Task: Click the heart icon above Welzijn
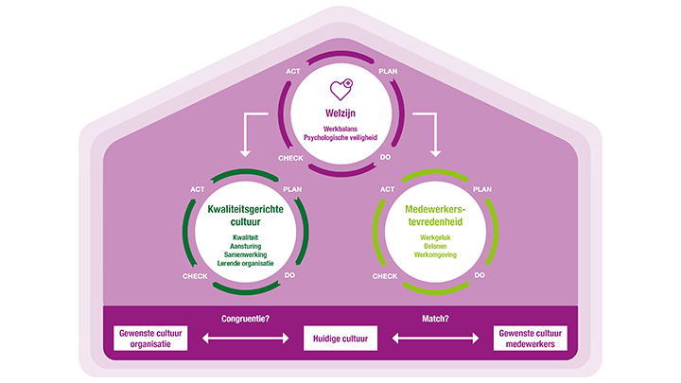[x=340, y=91]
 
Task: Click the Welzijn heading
[x=340, y=113]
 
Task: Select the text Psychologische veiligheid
[x=340, y=135]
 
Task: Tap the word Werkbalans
[x=340, y=127]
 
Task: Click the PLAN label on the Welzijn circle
[x=388, y=72]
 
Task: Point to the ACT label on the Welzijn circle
[x=294, y=72]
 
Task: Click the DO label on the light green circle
[x=480, y=275]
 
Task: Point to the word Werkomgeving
[x=433, y=254]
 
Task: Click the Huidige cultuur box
[x=340, y=337]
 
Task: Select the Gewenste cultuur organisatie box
[x=149, y=338]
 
